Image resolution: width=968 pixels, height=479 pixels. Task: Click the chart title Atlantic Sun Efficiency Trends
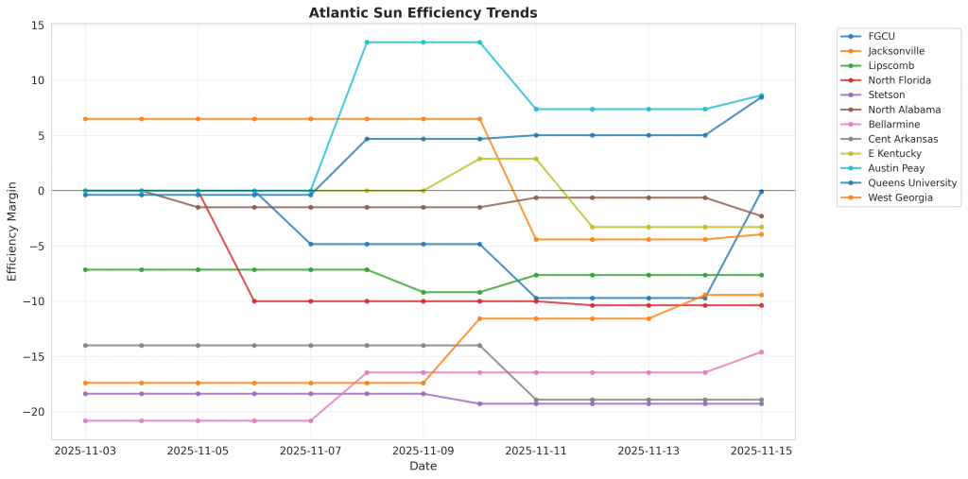click(423, 13)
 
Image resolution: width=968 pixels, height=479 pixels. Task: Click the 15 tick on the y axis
click(37, 25)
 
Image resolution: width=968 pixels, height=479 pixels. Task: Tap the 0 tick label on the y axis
click(41, 191)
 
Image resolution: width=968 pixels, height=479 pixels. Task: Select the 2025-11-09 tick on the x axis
click(423, 452)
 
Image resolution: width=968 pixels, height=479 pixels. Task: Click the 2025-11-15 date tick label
click(761, 452)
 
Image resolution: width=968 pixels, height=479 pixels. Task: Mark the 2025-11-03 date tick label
click(85, 452)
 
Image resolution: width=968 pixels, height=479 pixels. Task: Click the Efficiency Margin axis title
click(12, 231)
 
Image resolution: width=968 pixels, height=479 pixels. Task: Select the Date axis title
click(423, 466)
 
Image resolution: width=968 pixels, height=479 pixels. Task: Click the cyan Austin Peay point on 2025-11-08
click(367, 43)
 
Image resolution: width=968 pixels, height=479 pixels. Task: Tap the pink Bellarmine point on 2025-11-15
click(761, 352)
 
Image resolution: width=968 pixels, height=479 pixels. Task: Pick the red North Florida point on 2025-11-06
click(254, 301)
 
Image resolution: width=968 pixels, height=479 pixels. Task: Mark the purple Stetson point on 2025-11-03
click(85, 394)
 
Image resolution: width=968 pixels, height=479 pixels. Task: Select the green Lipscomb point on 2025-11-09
click(423, 292)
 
